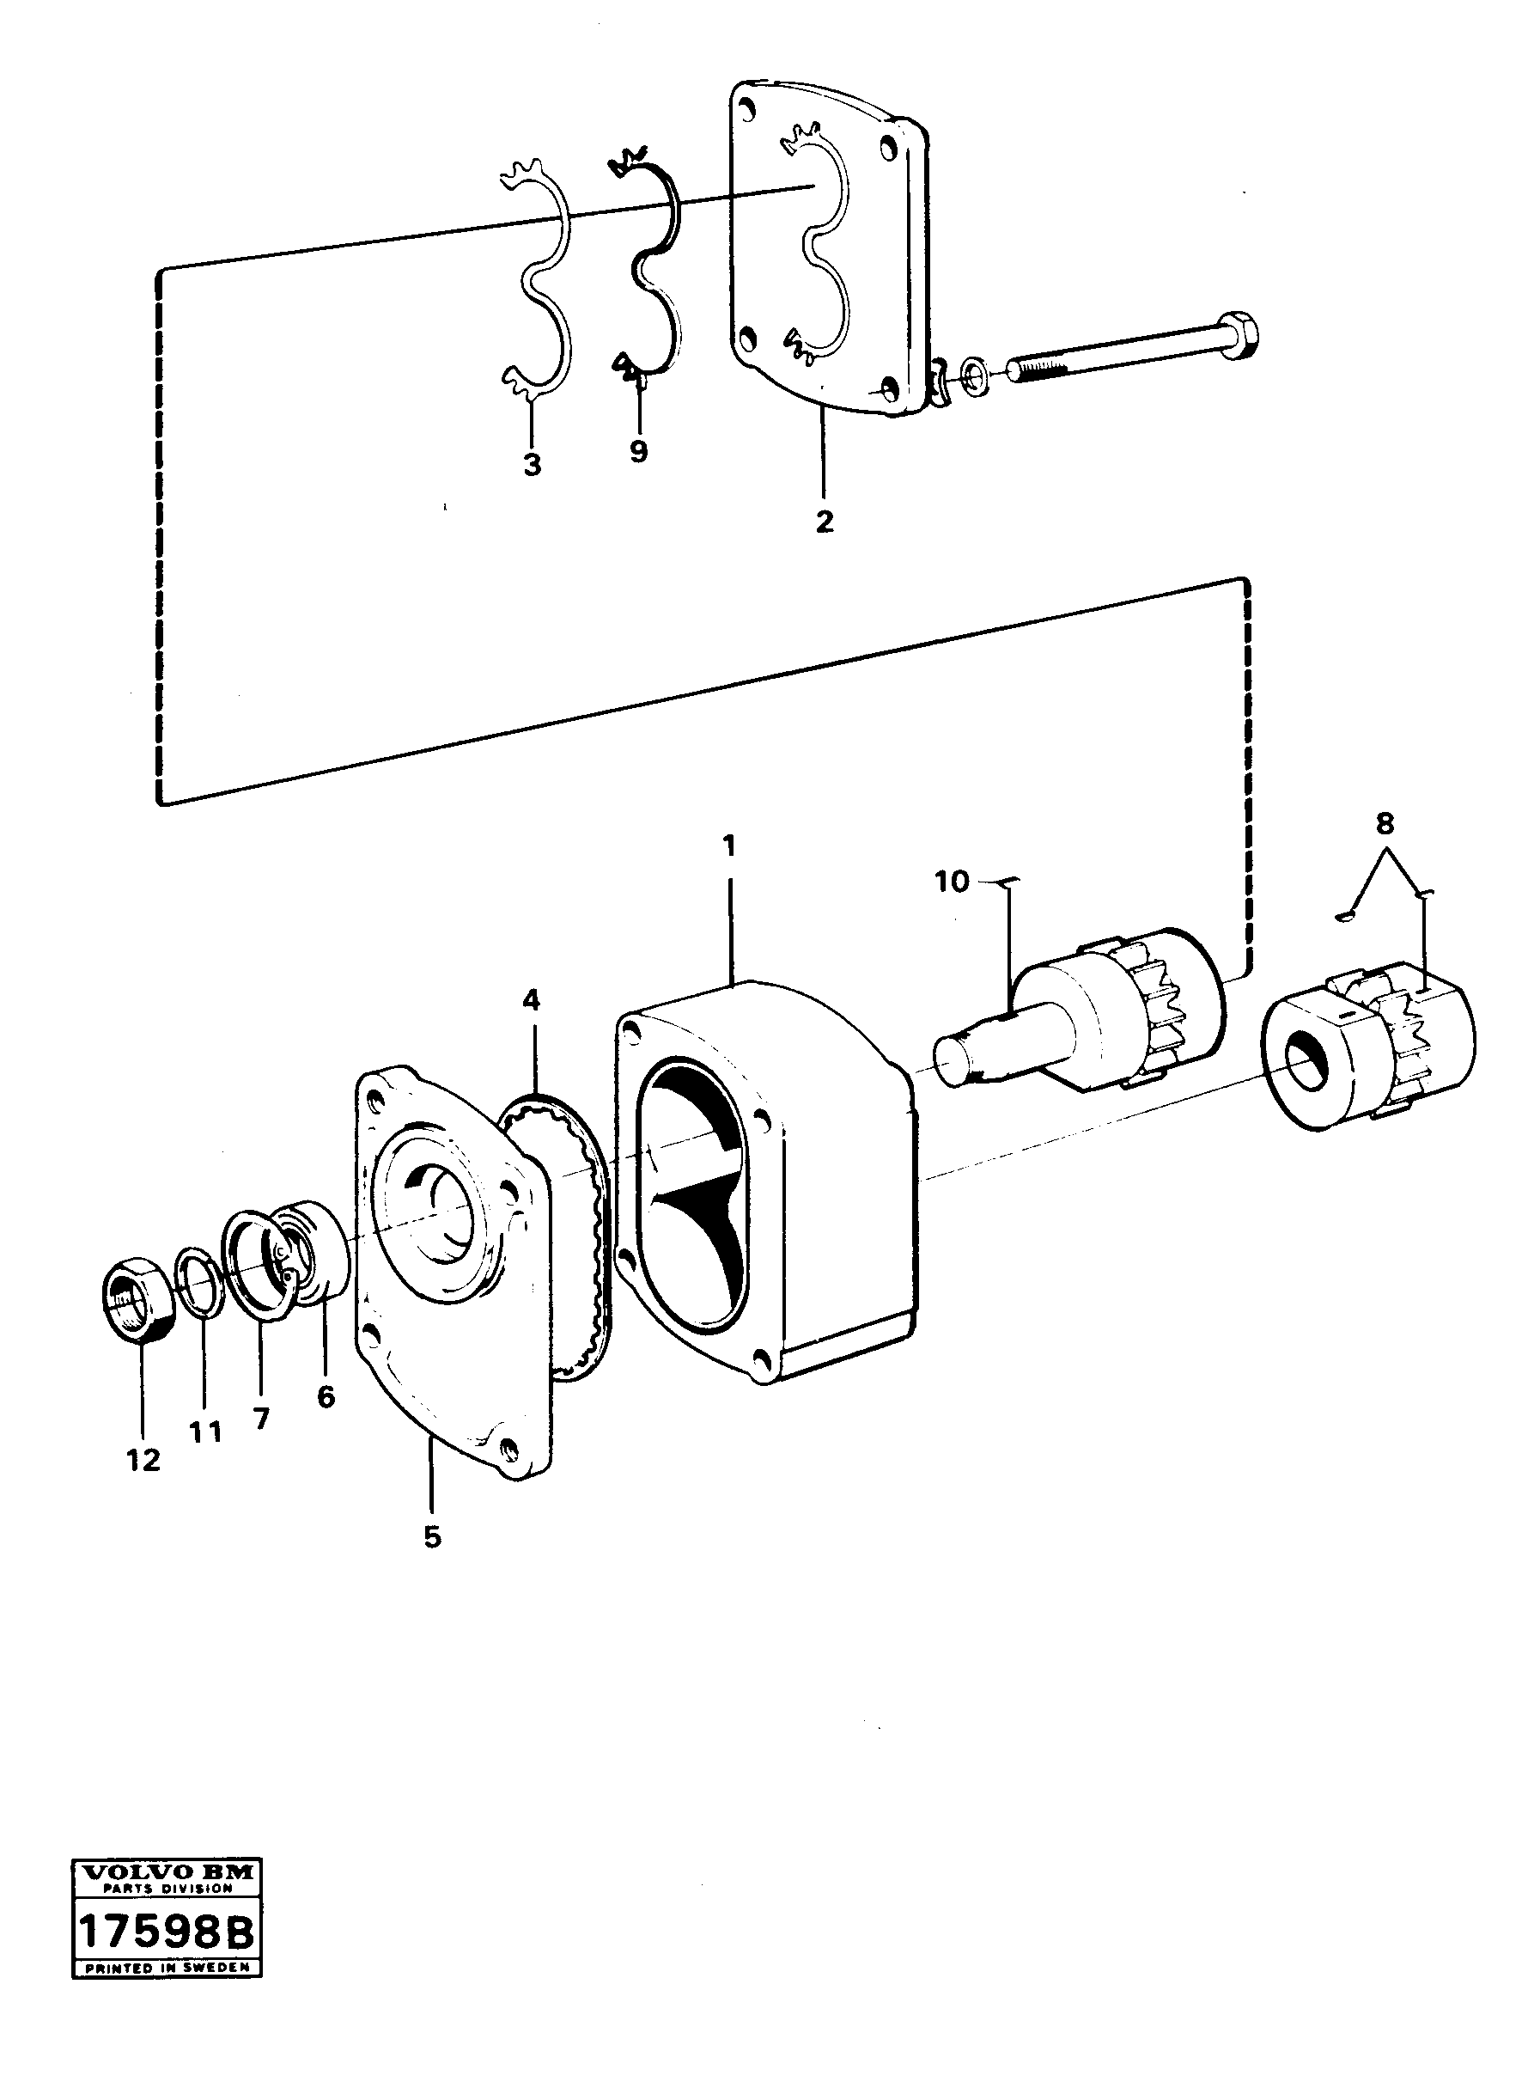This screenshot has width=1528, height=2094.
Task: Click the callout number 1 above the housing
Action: point(729,845)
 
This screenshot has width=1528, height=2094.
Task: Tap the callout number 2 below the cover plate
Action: point(824,521)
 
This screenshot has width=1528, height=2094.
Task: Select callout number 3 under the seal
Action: point(532,465)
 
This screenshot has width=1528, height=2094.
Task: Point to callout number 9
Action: point(638,452)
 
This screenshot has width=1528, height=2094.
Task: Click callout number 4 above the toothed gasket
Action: point(531,999)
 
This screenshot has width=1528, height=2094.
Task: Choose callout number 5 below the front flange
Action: point(432,1537)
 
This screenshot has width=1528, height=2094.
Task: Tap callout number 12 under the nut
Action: point(144,1460)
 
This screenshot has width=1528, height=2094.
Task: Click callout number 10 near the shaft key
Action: point(952,881)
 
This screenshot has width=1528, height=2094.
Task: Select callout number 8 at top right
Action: point(1385,822)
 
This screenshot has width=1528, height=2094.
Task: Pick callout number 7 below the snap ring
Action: point(261,1419)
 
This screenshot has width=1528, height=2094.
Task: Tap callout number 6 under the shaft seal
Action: point(326,1397)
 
